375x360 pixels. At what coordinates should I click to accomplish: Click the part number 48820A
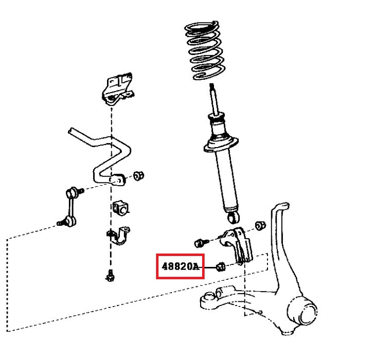pos(181,266)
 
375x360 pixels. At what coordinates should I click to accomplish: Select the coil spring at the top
pos(205,51)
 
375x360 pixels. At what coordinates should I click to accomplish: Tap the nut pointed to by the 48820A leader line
pos(221,267)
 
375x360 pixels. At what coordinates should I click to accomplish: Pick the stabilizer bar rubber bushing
pos(120,208)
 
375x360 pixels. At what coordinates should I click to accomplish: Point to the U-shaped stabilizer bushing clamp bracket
pos(119,236)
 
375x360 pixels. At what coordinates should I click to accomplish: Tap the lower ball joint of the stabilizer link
pos(68,222)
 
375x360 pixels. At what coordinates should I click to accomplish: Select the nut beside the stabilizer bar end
pos(138,176)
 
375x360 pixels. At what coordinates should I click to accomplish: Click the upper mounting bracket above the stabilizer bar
pos(117,89)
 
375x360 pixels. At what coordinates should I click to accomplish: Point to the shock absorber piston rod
pos(214,99)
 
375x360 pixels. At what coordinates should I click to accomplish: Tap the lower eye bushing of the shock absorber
pos(234,217)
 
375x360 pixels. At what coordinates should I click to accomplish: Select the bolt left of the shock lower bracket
pos(201,243)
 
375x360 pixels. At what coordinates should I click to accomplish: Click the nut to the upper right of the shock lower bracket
pos(260,226)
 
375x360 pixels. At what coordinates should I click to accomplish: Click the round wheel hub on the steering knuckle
pos(302,311)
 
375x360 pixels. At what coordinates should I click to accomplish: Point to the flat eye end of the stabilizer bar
pos(117,179)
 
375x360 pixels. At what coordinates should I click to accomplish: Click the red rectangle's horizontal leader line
pos(208,267)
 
